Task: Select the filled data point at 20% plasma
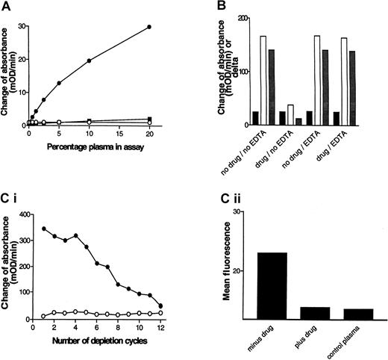150,27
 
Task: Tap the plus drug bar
314,313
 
